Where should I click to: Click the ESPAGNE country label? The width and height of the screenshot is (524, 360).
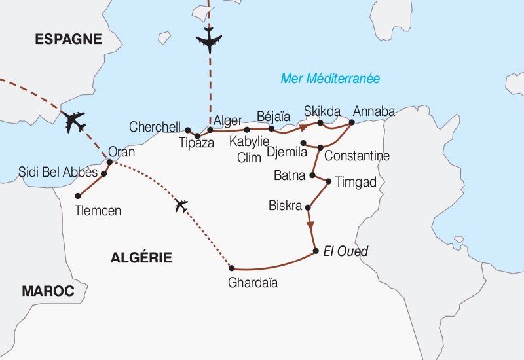(69, 39)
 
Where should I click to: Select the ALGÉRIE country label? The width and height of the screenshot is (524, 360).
(141, 258)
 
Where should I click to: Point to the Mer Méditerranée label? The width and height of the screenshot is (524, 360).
(330, 79)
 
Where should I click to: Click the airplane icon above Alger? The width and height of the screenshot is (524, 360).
(210, 41)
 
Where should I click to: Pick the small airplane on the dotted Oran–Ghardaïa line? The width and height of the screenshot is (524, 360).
(181, 206)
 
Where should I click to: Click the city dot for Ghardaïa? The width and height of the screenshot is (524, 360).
(231, 268)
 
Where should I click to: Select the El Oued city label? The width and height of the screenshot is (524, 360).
(345, 251)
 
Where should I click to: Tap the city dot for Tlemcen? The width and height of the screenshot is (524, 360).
(78, 196)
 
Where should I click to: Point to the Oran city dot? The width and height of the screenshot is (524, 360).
(109, 162)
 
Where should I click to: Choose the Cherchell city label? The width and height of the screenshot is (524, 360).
(155, 126)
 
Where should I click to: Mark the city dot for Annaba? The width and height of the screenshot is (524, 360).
(352, 122)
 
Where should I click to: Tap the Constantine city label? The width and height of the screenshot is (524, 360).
(356, 156)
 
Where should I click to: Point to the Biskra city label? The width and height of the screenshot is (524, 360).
(285, 206)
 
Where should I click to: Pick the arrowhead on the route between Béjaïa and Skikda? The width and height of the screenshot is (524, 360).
(303, 126)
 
